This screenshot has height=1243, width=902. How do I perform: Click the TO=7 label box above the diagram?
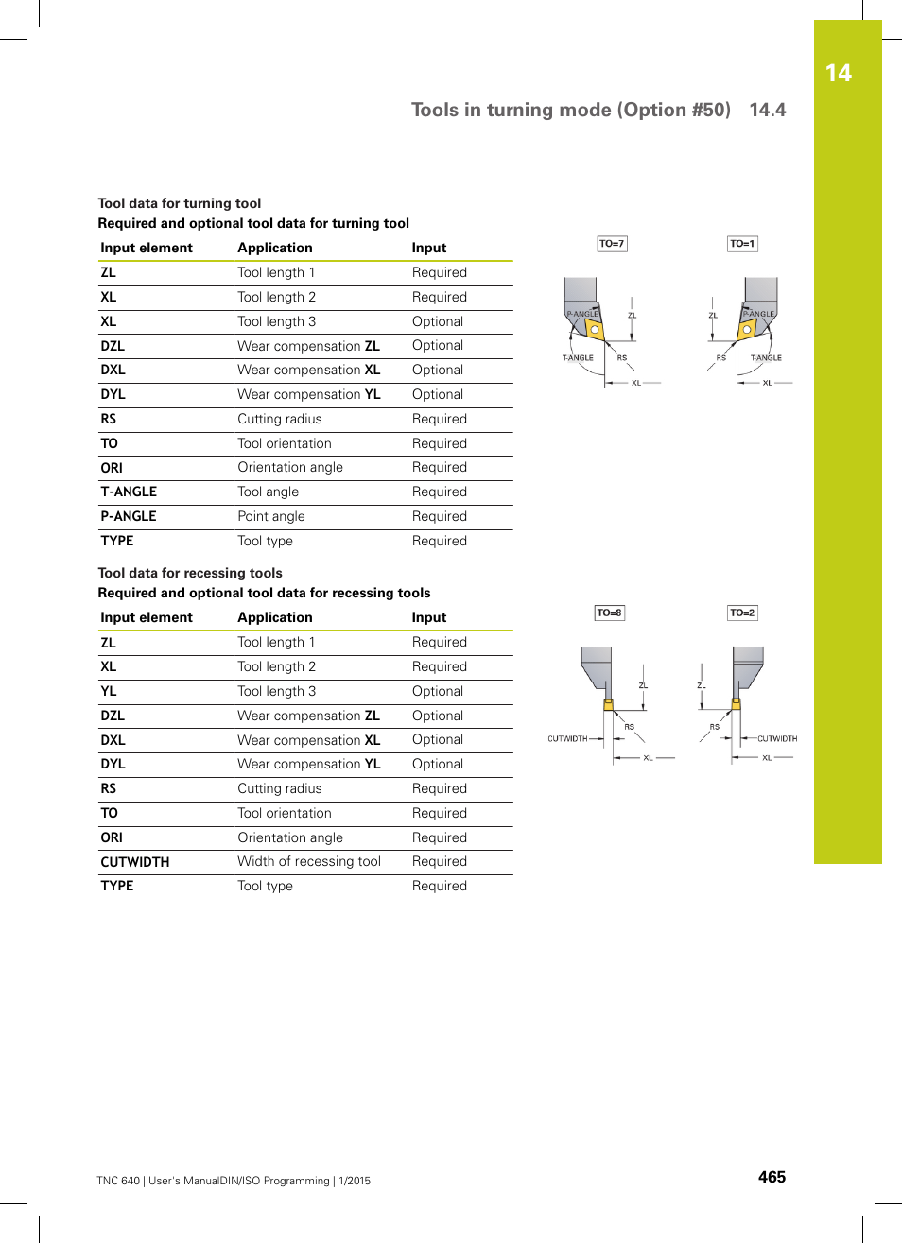pos(612,244)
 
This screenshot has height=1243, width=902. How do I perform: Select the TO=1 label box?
pos(742,244)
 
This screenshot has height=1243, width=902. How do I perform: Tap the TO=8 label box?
pos(609,613)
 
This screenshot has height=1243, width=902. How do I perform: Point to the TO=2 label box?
pos(742,613)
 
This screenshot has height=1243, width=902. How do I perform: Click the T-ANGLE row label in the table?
pos(129,492)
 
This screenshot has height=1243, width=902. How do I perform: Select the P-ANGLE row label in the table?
pos(129,516)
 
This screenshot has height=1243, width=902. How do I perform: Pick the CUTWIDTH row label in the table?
pos(135,862)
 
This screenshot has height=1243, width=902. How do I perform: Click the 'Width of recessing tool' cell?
pos(309,861)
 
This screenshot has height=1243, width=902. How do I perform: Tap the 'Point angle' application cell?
pos(271,516)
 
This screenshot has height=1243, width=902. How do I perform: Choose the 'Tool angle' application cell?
pos(268,492)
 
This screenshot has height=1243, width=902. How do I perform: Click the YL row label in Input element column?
pos(109,691)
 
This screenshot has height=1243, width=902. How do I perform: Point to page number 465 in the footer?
pos(772,1177)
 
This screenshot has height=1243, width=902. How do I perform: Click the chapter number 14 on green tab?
pos(838,74)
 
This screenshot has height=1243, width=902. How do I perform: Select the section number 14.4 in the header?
pos(767,110)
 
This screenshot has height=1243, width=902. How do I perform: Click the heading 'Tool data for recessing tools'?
pos(190,573)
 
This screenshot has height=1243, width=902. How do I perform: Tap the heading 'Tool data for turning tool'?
pos(180,203)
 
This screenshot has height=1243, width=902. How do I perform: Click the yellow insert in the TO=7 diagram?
pos(594,329)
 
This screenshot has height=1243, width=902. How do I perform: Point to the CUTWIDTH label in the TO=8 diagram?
pos(567,738)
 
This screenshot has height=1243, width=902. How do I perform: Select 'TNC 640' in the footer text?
pos(118,1181)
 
